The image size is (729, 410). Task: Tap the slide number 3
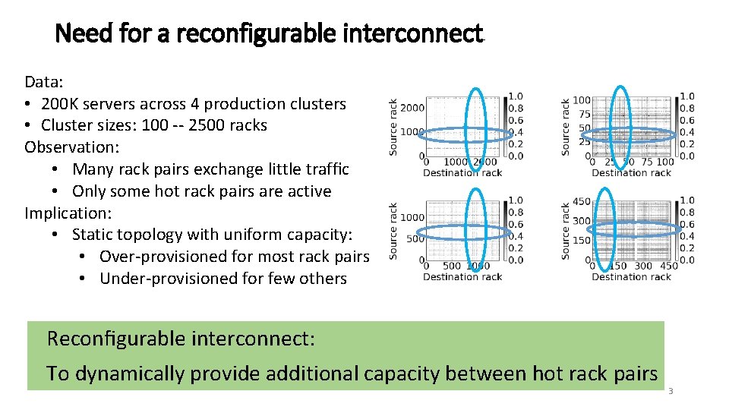(671, 391)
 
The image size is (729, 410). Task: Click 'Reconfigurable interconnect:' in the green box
(181, 339)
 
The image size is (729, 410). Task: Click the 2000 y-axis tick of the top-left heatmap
(412, 107)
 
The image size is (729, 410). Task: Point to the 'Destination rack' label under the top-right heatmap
(631, 173)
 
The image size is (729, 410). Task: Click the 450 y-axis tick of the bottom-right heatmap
(581, 202)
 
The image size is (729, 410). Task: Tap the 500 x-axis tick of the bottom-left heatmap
(451, 266)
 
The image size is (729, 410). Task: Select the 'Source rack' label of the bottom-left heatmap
(393, 231)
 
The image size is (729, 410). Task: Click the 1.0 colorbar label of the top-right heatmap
(686, 96)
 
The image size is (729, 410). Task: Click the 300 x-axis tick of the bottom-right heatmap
(642, 266)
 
